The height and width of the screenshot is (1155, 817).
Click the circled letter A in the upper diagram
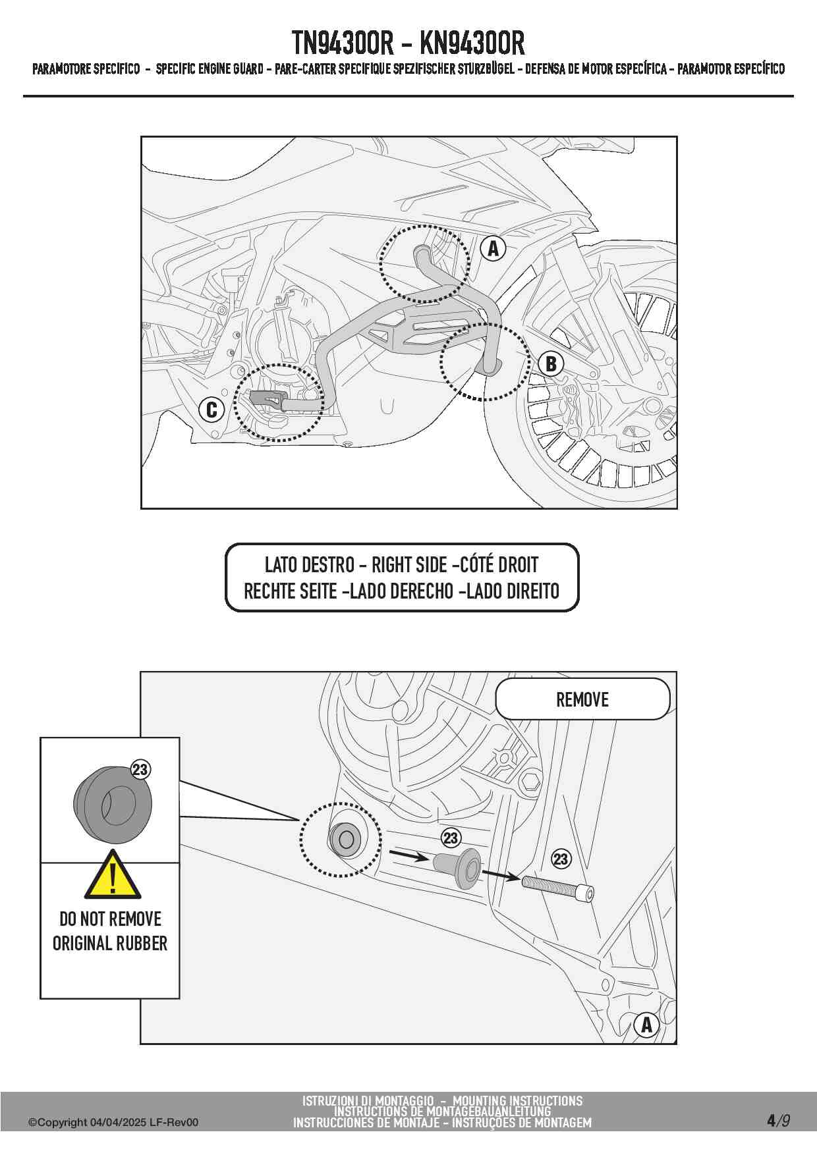tap(493, 248)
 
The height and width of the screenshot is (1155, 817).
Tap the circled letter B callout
tap(551, 363)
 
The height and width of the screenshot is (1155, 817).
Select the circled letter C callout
tap(211, 410)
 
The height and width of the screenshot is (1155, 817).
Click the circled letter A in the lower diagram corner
tap(646, 1025)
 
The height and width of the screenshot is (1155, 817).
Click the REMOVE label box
tap(582, 699)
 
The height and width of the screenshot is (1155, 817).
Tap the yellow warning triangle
tap(113, 877)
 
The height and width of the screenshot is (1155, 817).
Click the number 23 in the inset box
tap(140, 770)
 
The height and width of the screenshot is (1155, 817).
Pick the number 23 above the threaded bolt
tap(561, 859)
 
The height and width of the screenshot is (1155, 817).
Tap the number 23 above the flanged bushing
tap(451, 838)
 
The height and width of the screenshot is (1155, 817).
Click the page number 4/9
tap(778, 1120)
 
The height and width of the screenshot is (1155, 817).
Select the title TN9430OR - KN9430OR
tap(408, 43)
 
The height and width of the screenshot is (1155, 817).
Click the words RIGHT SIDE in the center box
tap(409, 565)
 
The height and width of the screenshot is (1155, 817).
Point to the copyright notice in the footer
tap(113, 1122)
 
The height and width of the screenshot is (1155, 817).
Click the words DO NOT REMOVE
tap(110, 919)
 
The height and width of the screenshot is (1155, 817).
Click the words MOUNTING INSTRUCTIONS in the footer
tap(517, 1100)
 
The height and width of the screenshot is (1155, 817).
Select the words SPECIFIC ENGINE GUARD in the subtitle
tap(210, 69)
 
